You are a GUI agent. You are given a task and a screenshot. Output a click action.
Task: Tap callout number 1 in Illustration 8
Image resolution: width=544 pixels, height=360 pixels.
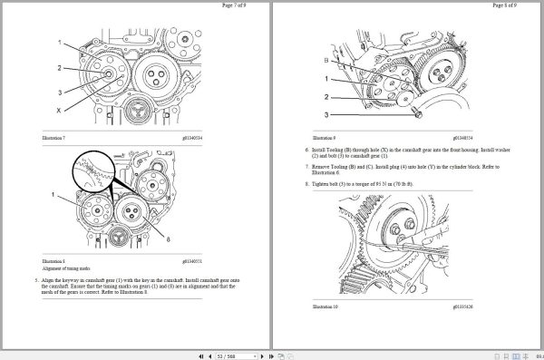coord(53,195)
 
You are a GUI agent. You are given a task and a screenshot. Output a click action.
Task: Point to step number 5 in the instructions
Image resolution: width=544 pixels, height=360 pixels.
coord(36,281)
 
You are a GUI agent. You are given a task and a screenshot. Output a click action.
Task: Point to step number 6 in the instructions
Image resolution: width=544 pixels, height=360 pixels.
coord(306,147)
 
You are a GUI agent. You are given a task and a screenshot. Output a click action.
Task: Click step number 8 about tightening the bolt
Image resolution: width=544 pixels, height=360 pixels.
coord(306,183)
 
